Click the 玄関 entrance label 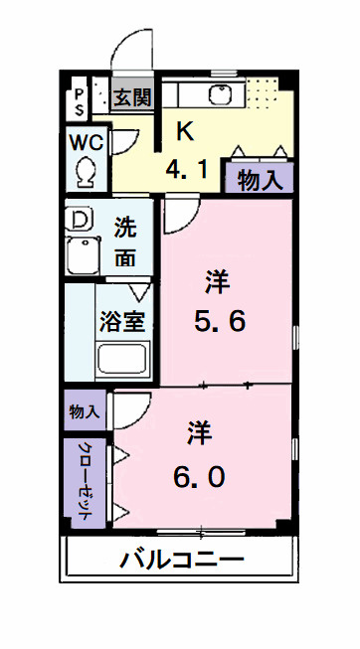pyautogui.click(x=130, y=97)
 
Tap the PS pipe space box pyautogui.click(x=79, y=99)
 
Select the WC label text pyautogui.click(x=86, y=140)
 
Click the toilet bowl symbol pyautogui.click(x=86, y=170)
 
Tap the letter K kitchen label pyautogui.click(x=185, y=130)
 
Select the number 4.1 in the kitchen pyautogui.click(x=186, y=170)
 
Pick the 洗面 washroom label pyautogui.click(x=125, y=242)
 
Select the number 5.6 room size pyautogui.click(x=219, y=320)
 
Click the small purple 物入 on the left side pyautogui.click(x=85, y=411)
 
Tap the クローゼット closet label pyautogui.click(x=85, y=480)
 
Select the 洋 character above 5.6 pyautogui.click(x=218, y=281)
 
